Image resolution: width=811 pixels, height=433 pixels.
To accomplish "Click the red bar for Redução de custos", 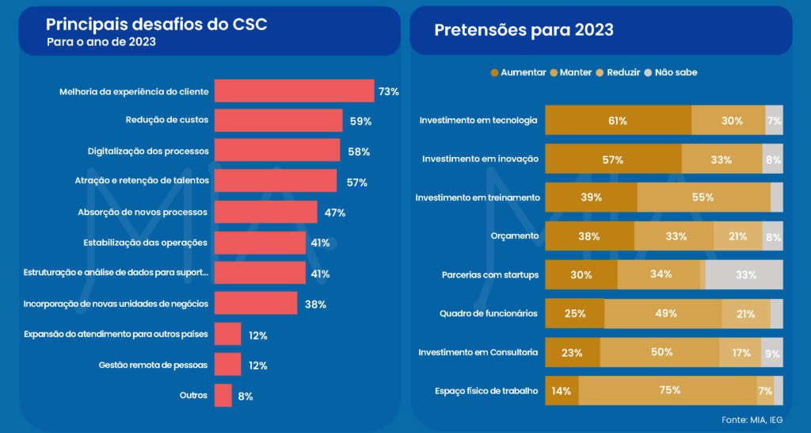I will [x=278, y=121].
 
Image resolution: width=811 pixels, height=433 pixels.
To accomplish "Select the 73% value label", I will [x=388, y=91].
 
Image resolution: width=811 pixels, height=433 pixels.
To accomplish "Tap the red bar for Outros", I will [x=223, y=396].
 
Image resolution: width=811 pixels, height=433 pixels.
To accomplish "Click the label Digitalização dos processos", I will [x=147, y=151].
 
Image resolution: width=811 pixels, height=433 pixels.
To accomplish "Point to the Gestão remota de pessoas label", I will [x=154, y=366].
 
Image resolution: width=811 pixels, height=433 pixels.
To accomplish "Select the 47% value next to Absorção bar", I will [x=334, y=213].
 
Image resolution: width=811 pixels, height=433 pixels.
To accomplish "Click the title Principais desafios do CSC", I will [x=156, y=25].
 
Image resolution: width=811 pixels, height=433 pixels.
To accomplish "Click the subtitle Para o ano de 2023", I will [x=101, y=43].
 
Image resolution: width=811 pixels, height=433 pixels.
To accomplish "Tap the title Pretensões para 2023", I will [x=524, y=30].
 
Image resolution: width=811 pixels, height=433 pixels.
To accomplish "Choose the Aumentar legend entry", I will [x=519, y=72].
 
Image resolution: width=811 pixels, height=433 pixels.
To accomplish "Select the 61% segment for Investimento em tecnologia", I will [x=618, y=121].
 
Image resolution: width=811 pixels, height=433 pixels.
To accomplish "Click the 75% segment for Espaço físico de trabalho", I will [x=668, y=390].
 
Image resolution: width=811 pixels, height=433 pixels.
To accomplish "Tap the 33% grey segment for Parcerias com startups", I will [x=744, y=274].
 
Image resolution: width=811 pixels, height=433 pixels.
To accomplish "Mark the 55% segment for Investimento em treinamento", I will [x=702, y=197].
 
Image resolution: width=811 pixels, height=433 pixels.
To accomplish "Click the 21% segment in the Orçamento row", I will [x=737, y=236].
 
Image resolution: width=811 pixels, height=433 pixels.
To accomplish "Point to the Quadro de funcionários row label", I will [x=489, y=313].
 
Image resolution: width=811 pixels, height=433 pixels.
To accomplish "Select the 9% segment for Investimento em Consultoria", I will [x=772, y=352].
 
